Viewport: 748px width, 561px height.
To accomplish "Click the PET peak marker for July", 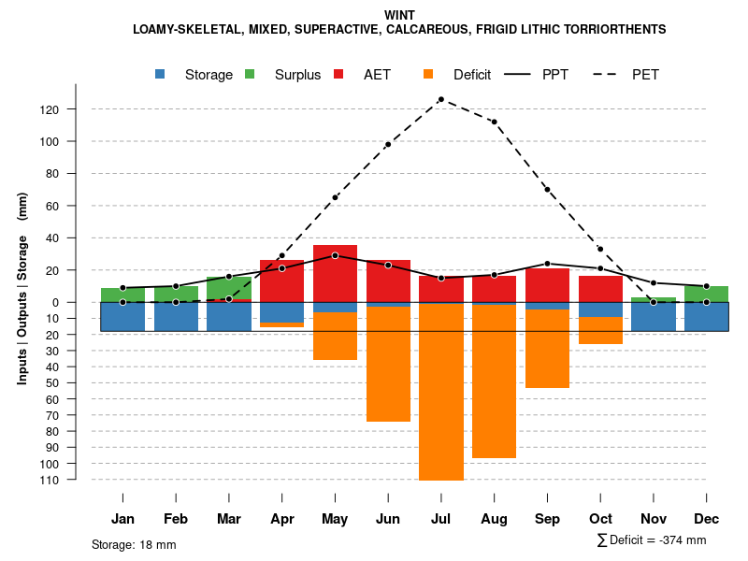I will (440, 99).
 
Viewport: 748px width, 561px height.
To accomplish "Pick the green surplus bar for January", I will (122, 295).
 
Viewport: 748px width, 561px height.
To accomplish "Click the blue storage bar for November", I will (654, 316).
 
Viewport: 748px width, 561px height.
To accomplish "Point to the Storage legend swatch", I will (160, 74).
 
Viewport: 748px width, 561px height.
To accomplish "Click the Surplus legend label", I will (297, 75).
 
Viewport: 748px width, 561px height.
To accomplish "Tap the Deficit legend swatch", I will (428, 74).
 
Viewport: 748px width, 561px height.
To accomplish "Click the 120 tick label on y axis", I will (76, 109).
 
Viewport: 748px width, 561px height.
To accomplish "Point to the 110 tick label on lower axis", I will (76, 480).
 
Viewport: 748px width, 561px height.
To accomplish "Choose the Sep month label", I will (547, 519).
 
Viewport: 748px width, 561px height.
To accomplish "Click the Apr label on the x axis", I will (282, 519).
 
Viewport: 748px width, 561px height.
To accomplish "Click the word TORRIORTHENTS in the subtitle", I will (619, 30).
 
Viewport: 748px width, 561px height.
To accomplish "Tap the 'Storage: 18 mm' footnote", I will (134, 544).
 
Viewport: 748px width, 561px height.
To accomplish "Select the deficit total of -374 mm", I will (652, 540).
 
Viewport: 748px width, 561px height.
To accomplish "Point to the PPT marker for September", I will (547, 264).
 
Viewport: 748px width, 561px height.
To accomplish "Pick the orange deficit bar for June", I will (388, 364).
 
